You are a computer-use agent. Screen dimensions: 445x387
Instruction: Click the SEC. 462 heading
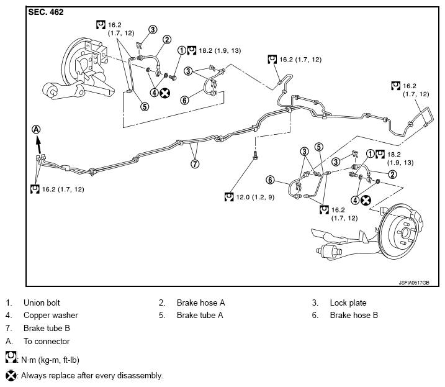[46, 12]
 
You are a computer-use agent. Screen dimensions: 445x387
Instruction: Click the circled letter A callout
[36, 130]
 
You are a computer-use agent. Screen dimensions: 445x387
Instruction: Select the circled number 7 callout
[195, 163]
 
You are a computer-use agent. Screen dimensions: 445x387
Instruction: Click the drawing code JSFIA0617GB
[414, 283]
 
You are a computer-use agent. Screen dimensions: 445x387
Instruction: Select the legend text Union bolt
[42, 303]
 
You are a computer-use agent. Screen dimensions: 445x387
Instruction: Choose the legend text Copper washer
[51, 316]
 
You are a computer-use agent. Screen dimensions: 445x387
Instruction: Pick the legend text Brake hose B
[354, 316]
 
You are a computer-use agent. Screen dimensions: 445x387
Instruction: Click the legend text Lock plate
[348, 303]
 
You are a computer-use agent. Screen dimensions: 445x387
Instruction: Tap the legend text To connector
[47, 341]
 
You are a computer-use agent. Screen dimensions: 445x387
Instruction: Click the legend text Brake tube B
[47, 328]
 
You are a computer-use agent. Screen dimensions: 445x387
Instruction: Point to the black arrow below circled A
[38, 145]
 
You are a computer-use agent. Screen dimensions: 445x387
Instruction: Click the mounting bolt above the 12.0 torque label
[256, 155]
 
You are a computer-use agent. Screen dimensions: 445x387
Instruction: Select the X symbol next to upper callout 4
[165, 93]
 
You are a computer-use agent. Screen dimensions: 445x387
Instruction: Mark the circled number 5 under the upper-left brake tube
[145, 107]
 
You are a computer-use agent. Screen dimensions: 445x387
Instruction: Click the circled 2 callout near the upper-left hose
[167, 40]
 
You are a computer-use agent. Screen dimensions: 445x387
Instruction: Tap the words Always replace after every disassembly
[92, 376]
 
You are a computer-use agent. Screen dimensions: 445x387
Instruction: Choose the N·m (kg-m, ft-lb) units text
[50, 360]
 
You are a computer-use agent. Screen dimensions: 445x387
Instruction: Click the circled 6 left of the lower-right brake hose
[270, 180]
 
